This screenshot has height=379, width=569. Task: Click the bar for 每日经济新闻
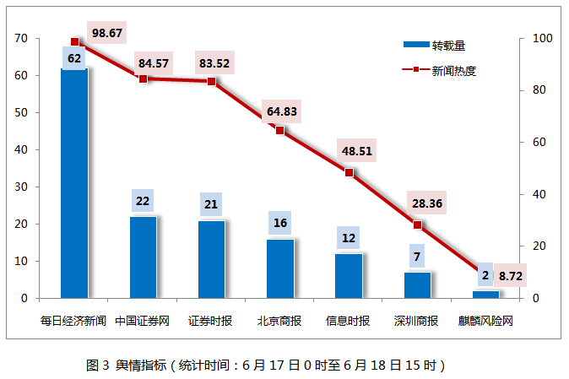[74, 186]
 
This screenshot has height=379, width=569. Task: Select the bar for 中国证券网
[143, 257]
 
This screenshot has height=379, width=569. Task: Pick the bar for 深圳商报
[417, 285]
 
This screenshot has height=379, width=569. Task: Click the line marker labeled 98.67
[74, 41]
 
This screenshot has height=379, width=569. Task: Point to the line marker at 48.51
[349, 172]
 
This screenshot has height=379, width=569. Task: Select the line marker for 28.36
[417, 225]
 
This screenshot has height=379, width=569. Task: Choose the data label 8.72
[511, 275]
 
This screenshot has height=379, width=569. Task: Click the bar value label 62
[74, 58]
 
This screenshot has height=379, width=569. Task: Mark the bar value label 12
[349, 239]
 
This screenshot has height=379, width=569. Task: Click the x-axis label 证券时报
[211, 321]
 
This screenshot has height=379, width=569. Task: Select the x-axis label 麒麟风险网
[485, 321]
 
